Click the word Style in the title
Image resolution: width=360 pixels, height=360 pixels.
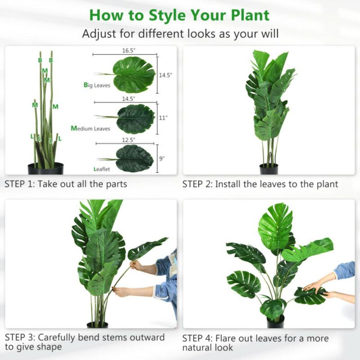pyautogui.click(x=166, y=15)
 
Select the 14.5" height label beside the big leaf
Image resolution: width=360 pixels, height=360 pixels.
pyautogui.click(x=165, y=75)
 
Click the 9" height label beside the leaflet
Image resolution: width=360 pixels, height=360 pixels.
pyautogui.click(x=162, y=158)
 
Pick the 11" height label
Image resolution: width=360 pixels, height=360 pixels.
pyautogui.click(x=163, y=118)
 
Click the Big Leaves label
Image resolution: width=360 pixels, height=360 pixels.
pyautogui.click(x=97, y=85)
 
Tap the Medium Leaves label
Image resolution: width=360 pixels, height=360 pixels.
pyautogui.click(x=90, y=129)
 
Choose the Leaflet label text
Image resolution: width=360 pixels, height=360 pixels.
pyautogui.click(x=101, y=170)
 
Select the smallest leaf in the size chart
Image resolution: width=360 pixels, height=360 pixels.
pyautogui.click(x=134, y=158)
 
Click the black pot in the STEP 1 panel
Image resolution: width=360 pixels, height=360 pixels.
pyautogui.click(x=45, y=169)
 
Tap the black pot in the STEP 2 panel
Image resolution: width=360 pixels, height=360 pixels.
pyautogui.click(x=269, y=169)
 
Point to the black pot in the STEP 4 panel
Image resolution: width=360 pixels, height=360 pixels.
pyautogui.click(x=275, y=322)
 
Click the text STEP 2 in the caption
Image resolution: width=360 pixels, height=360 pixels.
pyautogui.click(x=197, y=184)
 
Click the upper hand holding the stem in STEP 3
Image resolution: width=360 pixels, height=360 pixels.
pyautogui.click(x=135, y=265)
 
